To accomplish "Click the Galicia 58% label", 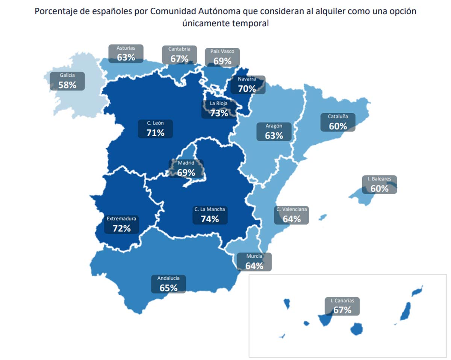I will [x=67, y=81].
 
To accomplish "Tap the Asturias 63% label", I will [x=126, y=54].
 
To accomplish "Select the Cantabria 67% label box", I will [x=179, y=55].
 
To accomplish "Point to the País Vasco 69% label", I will [x=222, y=57].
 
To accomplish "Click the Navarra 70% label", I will [x=247, y=85].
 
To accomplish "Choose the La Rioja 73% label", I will [x=219, y=109].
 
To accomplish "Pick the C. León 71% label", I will [x=156, y=129].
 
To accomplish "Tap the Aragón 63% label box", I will [x=274, y=132].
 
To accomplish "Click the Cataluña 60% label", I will [x=337, y=122].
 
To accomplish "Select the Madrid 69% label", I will [x=186, y=169].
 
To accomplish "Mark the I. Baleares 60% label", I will [x=379, y=185].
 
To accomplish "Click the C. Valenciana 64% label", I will [x=292, y=215].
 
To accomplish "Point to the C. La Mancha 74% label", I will [x=210, y=215].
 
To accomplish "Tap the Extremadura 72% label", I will [x=121, y=224].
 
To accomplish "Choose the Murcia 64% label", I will [x=254, y=262].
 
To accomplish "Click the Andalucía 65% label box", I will [x=168, y=284].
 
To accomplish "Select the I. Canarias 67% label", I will [x=342, y=306].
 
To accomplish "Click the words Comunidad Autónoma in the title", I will [x=183, y=11].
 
